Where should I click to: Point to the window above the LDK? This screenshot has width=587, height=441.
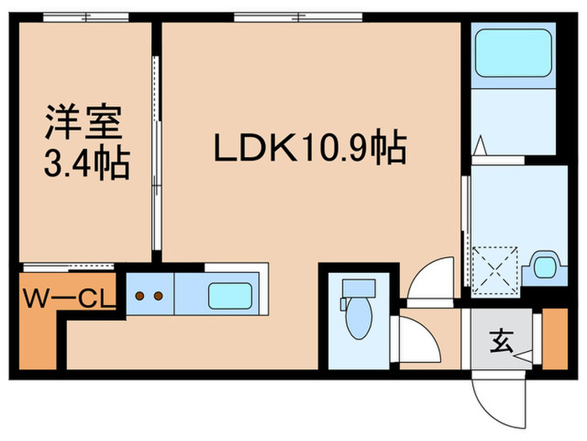[298, 16]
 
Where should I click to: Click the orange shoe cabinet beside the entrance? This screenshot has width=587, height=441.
[554, 339]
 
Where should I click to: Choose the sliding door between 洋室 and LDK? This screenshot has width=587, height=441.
[155, 151]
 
